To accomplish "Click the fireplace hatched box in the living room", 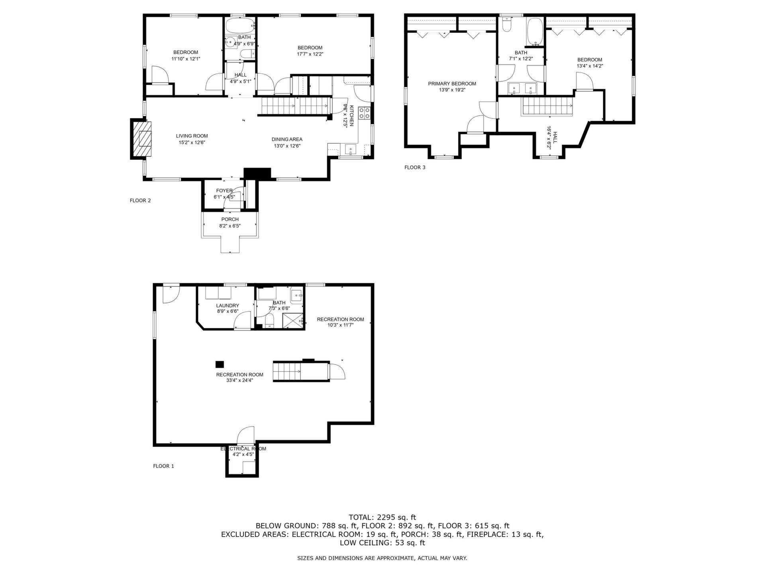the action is click(142, 139).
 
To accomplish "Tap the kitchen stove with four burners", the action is click(364, 113).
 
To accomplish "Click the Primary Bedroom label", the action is click(452, 84).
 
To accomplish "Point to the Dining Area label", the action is click(287, 140).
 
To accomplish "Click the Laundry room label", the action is click(228, 306).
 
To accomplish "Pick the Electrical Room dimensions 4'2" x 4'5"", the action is click(243, 454).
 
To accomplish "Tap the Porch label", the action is click(230, 219).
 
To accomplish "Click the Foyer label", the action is click(224, 191).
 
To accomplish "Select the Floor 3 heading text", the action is click(415, 167).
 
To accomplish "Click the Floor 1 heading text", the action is click(163, 466).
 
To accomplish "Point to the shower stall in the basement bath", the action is click(293, 321).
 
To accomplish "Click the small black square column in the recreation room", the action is click(220, 364).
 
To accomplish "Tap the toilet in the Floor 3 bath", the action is click(507, 25).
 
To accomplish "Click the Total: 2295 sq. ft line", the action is click(382, 517).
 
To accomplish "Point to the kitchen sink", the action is click(351, 150).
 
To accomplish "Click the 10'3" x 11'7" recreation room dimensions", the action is click(340, 325).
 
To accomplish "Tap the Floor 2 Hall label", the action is click(240, 75).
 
